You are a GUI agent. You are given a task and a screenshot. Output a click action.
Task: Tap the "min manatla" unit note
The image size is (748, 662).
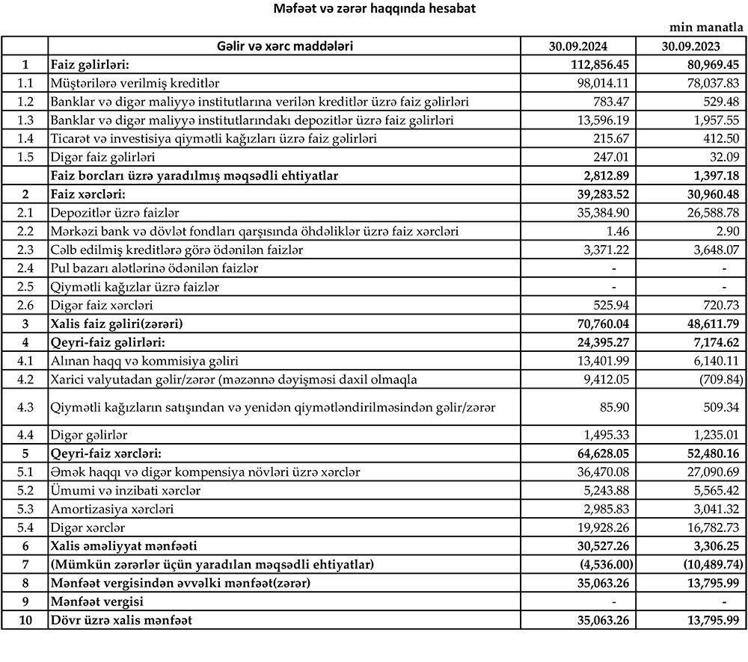(708, 28)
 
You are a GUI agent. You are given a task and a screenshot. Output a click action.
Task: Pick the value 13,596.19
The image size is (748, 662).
(603, 120)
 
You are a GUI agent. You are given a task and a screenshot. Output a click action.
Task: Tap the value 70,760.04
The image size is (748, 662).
(600, 324)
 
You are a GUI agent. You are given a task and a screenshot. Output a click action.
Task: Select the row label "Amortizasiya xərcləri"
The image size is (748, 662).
(111, 509)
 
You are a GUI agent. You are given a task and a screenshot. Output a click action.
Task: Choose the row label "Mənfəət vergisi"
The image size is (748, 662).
(95, 601)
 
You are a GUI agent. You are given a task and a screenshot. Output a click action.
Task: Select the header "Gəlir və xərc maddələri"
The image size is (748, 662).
(284, 46)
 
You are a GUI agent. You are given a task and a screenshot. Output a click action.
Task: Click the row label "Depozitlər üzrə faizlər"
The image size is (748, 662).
(114, 213)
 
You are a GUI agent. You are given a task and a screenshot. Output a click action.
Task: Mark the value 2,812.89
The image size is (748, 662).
(603, 176)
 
